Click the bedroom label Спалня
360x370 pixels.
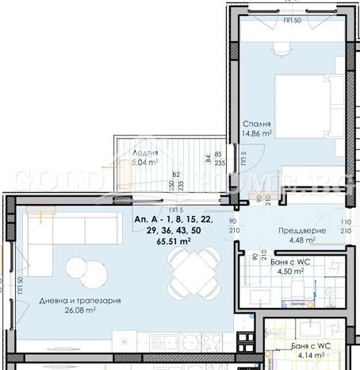pyautogui.click(x=259, y=125)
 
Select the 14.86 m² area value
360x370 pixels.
pyautogui.click(x=259, y=135)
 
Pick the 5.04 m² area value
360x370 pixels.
pyautogui.click(x=144, y=164)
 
